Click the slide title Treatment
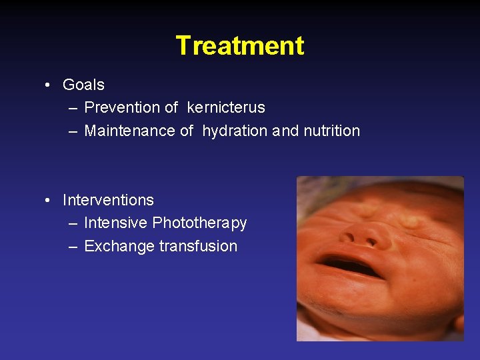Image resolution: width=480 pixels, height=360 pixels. click(240, 46)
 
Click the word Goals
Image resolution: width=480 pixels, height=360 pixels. click(83, 85)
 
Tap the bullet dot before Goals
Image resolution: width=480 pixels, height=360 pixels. click(49, 85)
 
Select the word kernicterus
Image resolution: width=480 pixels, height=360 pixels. click(226, 107)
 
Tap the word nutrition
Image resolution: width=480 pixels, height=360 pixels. click(331, 131)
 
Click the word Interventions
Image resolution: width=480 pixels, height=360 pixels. click(108, 200)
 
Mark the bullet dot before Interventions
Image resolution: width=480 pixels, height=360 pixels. click(49, 201)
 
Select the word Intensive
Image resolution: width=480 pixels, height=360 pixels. click(116, 223)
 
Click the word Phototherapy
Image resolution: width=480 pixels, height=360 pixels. click(199, 223)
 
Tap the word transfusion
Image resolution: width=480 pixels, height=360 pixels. click(198, 246)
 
